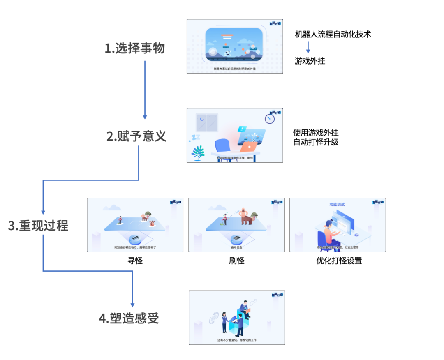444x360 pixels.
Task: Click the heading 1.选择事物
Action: [x=134, y=48]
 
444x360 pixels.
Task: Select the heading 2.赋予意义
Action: [x=136, y=136]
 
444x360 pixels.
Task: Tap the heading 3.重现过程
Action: [x=38, y=226]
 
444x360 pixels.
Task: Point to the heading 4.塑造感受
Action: [x=129, y=318]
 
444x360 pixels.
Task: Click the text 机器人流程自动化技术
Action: [x=333, y=35]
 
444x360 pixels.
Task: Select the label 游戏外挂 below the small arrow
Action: [x=310, y=61]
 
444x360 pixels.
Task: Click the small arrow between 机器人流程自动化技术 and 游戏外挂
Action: [x=308, y=47]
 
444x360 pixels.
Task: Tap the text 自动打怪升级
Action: [x=316, y=143]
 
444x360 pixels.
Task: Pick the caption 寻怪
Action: [x=135, y=261]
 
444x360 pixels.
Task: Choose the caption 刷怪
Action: [x=237, y=261]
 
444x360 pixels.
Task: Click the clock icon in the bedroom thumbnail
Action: [x=270, y=119]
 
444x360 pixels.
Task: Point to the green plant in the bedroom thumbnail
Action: [x=198, y=152]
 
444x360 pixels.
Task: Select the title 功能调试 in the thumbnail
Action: [x=337, y=204]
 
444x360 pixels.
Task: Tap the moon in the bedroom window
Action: [x=201, y=119]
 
